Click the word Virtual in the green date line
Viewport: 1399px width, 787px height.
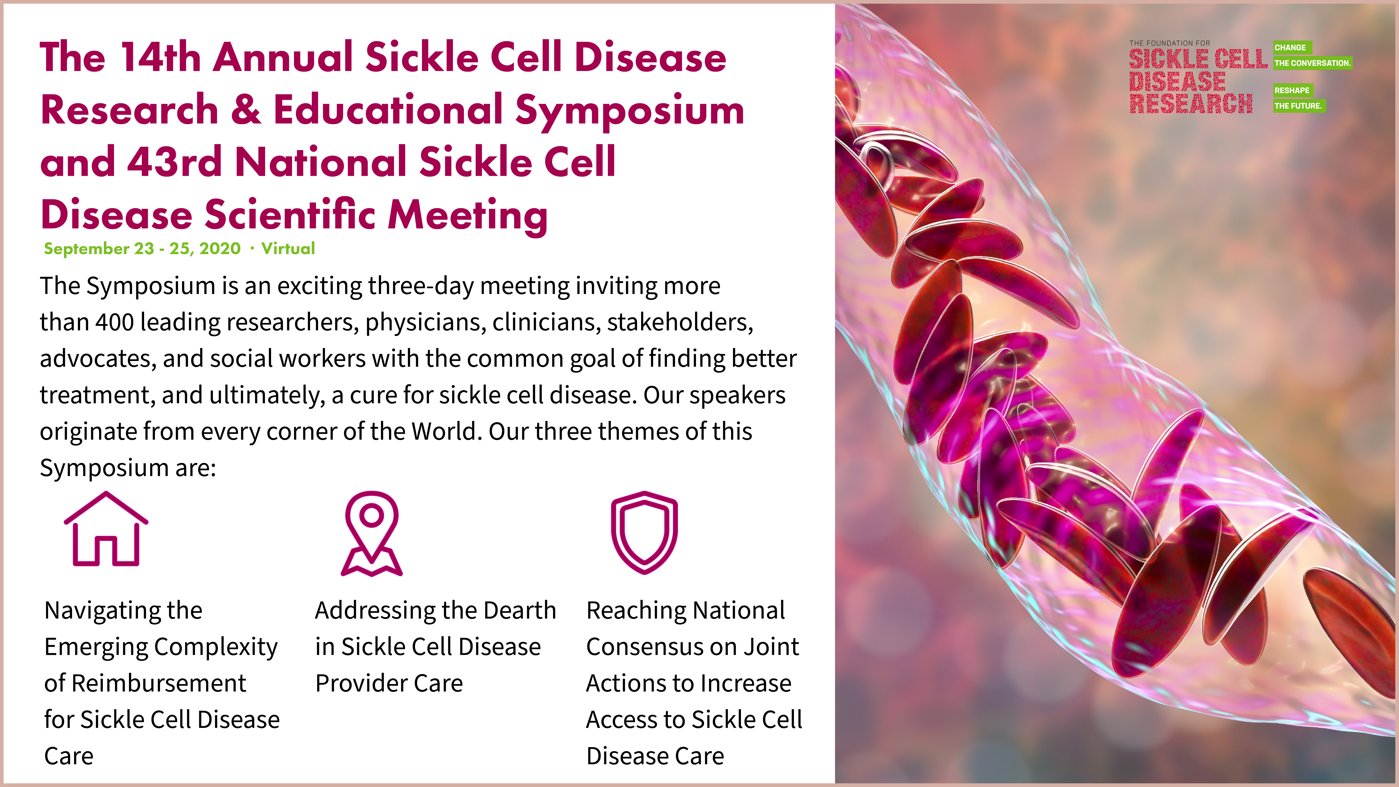pos(288,249)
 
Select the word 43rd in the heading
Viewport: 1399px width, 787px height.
pos(174,162)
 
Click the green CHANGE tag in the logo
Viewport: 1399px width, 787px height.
pos(1292,48)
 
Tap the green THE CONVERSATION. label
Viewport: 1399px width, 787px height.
pos(1312,63)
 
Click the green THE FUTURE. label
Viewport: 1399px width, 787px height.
pos(1298,106)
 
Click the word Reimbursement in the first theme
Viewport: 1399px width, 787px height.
pos(159,683)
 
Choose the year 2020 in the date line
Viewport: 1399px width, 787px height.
pos(220,249)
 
